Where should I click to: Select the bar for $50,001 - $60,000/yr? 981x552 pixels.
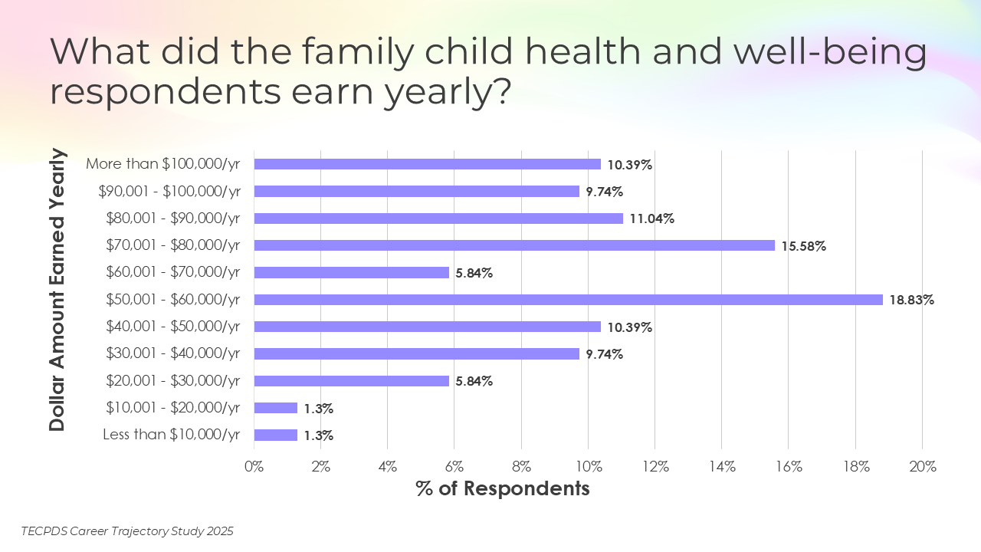point(568,300)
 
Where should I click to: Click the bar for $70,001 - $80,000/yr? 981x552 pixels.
point(514,245)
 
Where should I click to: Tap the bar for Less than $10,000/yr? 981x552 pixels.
point(275,435)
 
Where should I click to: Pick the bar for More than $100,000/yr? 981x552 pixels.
point(427,164)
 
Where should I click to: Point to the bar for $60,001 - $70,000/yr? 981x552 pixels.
point(351,272)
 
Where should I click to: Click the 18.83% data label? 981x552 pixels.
point(911,300)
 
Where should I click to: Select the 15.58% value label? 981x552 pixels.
point(803,246)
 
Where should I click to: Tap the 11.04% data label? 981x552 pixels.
point(651,219)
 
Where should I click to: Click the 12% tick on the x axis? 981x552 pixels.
point(655,466)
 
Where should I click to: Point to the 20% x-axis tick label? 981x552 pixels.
point(922,466)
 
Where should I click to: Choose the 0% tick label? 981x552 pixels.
point(254,466)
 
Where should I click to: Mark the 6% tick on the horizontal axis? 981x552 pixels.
point(454,466)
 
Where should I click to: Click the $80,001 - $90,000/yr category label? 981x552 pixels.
point(173,219)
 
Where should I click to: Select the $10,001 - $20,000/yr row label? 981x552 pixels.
point(173,408)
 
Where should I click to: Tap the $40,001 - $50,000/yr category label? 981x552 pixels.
point(173,327)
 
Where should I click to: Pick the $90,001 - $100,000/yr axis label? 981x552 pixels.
point(169,192)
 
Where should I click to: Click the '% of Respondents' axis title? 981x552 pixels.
point(503,488)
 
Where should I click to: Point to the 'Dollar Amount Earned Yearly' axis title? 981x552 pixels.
point(57,291)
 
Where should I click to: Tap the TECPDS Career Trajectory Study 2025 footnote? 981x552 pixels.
point(127,531)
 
